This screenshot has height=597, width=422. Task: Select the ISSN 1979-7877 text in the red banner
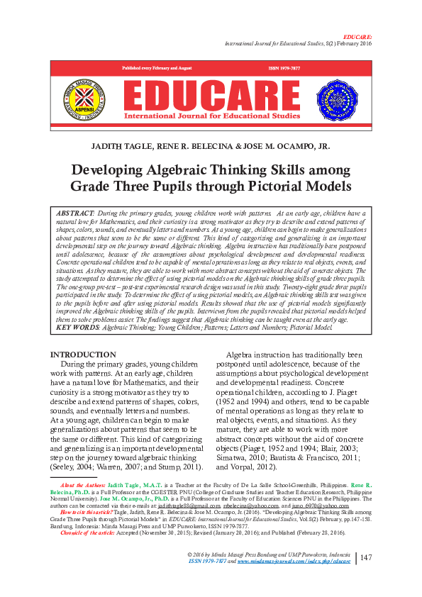pos(284,67)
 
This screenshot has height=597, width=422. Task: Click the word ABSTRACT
pos(74,213)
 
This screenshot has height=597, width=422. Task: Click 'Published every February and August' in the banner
pos(157,67)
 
